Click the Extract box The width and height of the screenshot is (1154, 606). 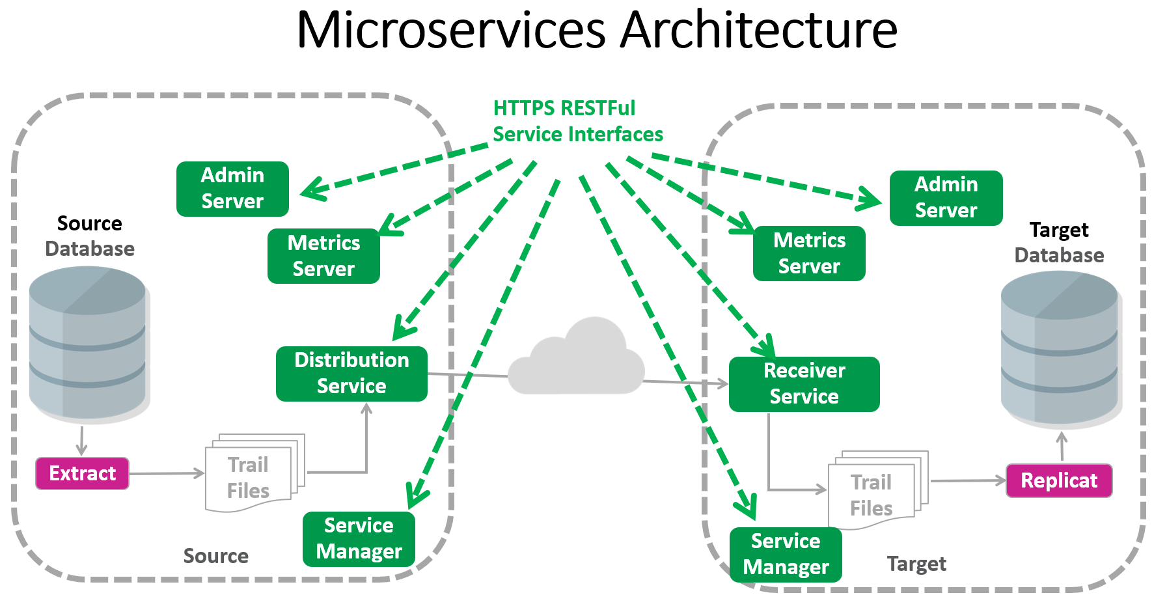click(82, 473)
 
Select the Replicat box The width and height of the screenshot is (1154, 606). click(1058, 480)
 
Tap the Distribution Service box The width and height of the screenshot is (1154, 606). click(351, 374)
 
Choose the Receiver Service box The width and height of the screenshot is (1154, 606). click(804, 384)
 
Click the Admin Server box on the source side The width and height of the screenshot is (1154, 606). click(232, 189)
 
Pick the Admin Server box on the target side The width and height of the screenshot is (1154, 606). click(946, 198)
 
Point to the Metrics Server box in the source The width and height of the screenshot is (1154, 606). click(323, 256)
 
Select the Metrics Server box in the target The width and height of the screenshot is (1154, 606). click(809, 253)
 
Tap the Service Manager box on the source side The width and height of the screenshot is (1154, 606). click(359, 539)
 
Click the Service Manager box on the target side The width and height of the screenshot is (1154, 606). click(786, 555)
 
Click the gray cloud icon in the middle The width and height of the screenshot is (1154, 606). click(576, 361)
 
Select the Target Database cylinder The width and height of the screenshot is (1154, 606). click(1059, 348)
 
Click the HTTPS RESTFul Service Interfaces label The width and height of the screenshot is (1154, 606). click(577, 121)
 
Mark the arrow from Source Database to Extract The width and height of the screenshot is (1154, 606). click(81, 441)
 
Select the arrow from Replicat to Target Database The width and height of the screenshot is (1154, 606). click(1062, 447)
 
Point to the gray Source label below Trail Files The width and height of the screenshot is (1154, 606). click(215, 556)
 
